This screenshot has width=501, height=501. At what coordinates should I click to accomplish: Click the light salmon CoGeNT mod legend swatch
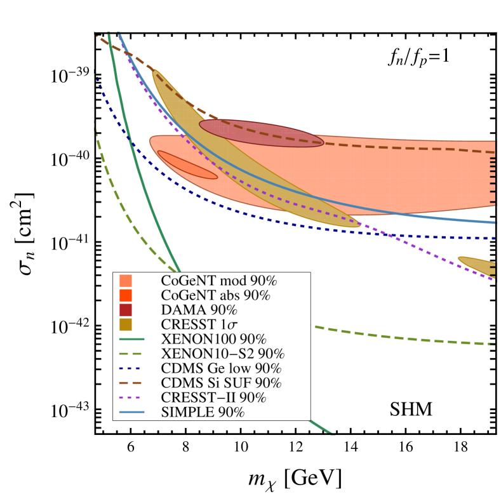pyautogui.click(x=126, y=281)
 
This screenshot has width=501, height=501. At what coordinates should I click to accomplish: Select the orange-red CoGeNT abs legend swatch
pyautogui.click(x=126, y=295)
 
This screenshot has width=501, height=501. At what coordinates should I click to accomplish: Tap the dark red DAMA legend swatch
pyautogui.click(x=126, y=310)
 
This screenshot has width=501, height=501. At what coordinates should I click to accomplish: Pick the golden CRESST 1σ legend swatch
pyautogui.click(x=126, y=324)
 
